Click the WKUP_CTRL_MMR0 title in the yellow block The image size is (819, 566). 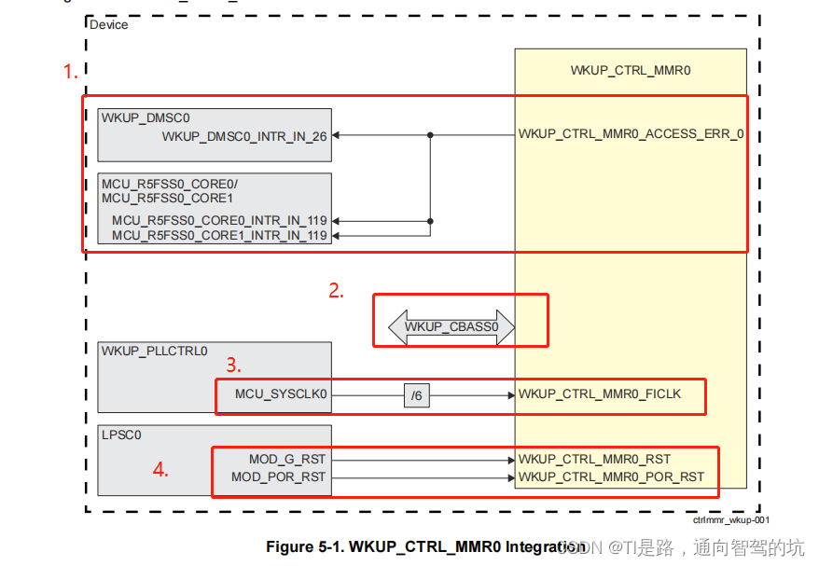[630, 71]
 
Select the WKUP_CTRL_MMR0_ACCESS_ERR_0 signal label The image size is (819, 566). [631, 134]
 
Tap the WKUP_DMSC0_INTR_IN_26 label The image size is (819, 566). [244, 136]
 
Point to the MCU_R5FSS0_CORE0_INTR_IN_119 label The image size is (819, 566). [219, 221]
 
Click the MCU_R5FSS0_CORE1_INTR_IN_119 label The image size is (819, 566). [219, 236]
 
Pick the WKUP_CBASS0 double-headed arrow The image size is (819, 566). [451, 327]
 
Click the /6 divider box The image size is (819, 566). [417, 395]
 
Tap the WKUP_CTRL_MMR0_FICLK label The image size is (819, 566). [600, 394]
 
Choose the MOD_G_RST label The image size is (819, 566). [287, 460]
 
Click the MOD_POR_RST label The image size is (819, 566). [279, 477]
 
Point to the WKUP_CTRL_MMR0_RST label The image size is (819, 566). [594, 460]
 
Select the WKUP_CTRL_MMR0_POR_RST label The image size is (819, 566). [611, 477]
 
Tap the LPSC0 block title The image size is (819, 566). [122, 435]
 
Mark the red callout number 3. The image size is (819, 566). [235, 366]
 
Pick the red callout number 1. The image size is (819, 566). [70, 72]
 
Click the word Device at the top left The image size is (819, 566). [108, 24]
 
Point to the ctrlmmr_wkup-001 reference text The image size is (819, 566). [730, 521]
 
